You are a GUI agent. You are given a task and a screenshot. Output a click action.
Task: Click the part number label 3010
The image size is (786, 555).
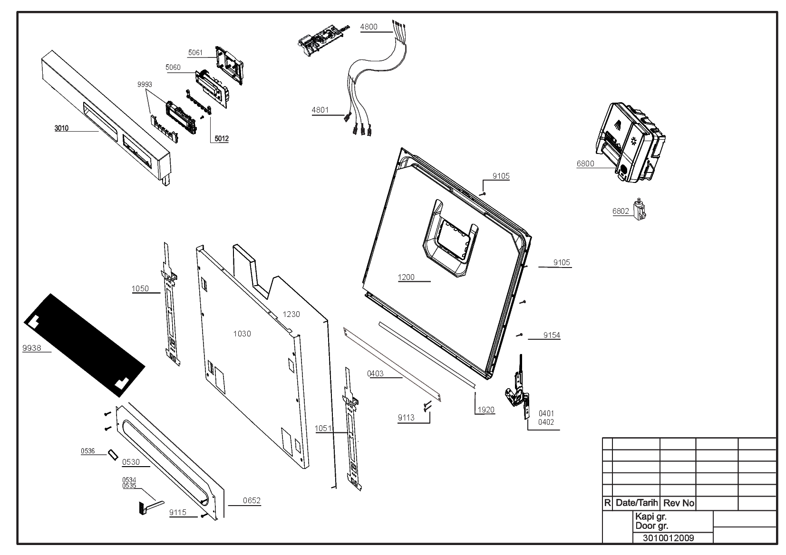[x=61, y=128]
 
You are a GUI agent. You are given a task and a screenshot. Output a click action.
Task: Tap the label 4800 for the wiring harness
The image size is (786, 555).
[x=369, y=27]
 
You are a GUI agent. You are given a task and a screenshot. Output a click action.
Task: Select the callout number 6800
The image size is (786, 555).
[x=585, y=164]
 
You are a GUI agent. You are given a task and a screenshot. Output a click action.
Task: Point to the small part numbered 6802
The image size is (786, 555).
[x=640, y=209]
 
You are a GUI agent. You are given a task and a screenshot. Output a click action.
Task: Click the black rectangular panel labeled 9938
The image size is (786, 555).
[x=84, y=345]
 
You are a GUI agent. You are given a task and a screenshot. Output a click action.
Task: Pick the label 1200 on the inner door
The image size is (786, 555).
[x=406, y=277]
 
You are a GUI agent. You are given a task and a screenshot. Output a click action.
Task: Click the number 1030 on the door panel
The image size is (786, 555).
[x=242, y=334]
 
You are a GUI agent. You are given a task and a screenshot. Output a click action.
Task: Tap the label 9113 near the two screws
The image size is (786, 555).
[x=406, y=418]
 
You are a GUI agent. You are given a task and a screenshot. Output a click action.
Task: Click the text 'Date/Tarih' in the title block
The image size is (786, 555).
[x=637, y=503]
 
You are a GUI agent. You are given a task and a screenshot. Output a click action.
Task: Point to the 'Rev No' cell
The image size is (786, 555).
[x=679, y=503]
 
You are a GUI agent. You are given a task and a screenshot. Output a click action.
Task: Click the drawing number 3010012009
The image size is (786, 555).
[x=669, y=538]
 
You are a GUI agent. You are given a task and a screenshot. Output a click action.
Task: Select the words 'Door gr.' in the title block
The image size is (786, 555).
[x=651, y=526]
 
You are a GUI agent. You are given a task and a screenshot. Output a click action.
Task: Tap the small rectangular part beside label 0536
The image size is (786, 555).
[x=113, y=455]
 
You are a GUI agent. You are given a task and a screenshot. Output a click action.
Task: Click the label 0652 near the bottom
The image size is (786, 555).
[x=252, y=500]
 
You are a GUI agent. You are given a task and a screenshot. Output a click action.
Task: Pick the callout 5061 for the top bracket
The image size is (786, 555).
[x=195, y=53]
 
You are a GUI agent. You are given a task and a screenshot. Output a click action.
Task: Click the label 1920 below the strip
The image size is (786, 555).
[x=485, y=410]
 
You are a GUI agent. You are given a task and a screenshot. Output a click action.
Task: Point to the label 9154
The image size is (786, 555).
[x=552, y=335]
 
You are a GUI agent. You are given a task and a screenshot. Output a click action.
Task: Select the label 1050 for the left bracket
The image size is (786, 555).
[x=140, y=288]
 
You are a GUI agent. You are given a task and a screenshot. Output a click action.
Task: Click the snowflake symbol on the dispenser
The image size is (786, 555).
[x=633, y=141]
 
